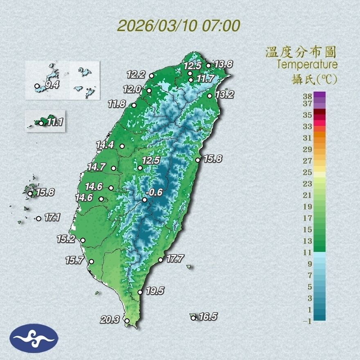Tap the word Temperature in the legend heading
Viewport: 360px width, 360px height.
click(307, 65)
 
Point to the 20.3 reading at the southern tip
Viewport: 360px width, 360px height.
click(110, 320)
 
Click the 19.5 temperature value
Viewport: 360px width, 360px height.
click(155, 291)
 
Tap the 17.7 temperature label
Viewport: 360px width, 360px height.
click(175, 259)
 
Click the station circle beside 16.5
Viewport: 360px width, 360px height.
click(193, 317)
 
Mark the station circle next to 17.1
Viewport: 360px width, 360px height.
click(38, 218)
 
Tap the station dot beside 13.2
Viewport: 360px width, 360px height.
click(210, 96)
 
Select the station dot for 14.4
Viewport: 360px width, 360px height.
click(122, 146)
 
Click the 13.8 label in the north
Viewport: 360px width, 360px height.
click(224, 64)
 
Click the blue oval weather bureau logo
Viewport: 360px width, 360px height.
click(34, 338)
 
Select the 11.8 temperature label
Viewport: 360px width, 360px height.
click(117, 104)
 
